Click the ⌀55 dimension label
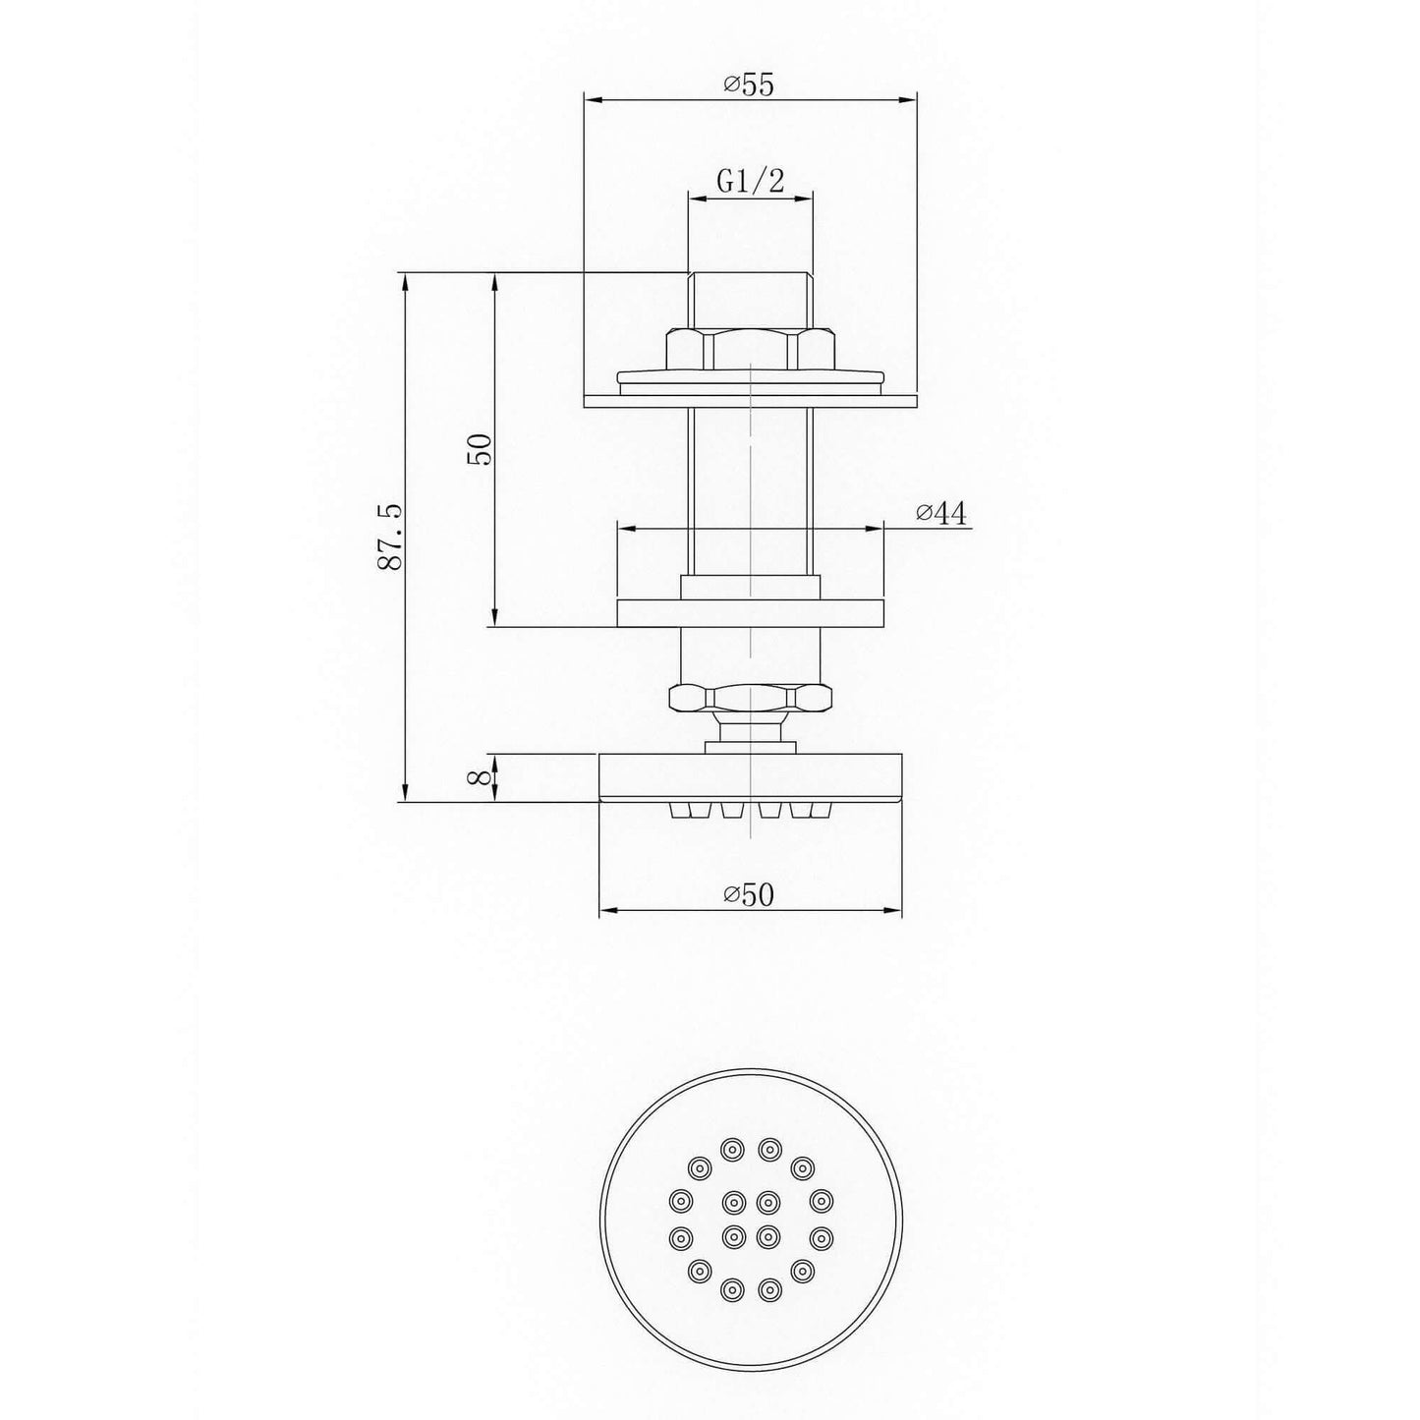[x=749, y=85]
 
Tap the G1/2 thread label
[x=751, y=181]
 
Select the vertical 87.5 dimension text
[x=389, y=537]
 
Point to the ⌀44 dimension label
[x=941, y=513]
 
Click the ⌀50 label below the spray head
[x=749, y=894]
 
